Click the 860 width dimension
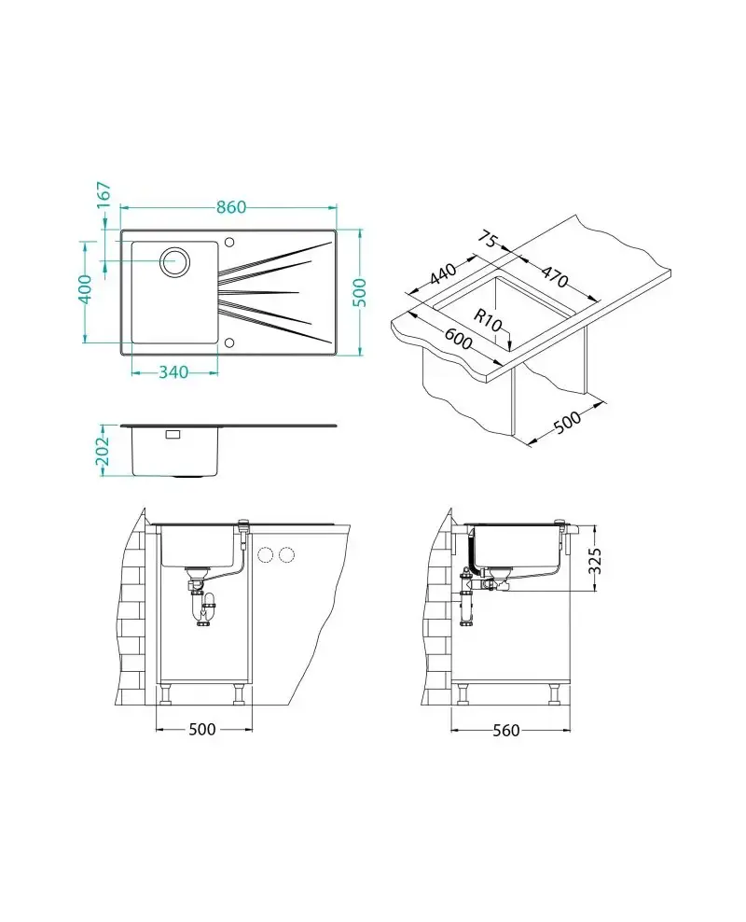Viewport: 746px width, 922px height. click(231, 207)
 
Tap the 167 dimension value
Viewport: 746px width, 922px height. click(104, 195)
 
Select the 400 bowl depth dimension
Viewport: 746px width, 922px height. click(84, 291)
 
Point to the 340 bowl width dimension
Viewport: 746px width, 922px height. click(173, 372)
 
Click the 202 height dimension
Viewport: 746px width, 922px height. click(104, 450)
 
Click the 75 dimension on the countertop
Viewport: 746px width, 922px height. click(488, 239)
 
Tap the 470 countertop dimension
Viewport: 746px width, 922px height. click(554, 277)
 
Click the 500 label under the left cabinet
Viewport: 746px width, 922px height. click(202, 730)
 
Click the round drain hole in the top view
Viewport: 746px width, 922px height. click(174, 262)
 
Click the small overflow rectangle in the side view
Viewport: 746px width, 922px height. click(173, 435)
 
